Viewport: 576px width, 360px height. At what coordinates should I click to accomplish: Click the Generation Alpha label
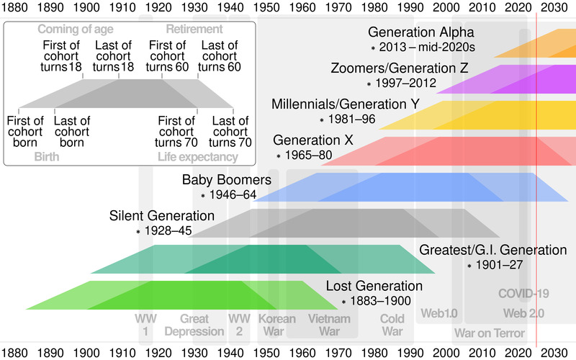[x=421, y=33]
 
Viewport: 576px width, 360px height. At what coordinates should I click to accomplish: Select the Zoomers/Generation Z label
[x=400, y=69]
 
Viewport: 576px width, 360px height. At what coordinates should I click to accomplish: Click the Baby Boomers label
[x=226, y=180]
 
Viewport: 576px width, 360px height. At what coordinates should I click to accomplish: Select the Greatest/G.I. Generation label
[x=493, y=250]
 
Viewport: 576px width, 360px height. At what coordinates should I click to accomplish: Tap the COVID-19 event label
[x=524, y=293]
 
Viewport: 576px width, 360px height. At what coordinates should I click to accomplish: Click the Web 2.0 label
[x=523, y=313]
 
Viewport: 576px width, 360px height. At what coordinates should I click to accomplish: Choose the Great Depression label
[x=194, y=325]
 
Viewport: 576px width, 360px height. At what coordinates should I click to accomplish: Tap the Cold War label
[x=392, y=325]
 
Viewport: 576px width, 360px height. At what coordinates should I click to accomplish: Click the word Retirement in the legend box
[x=194, y=30]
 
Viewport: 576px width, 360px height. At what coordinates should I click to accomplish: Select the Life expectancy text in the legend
[x=197, y=157]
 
